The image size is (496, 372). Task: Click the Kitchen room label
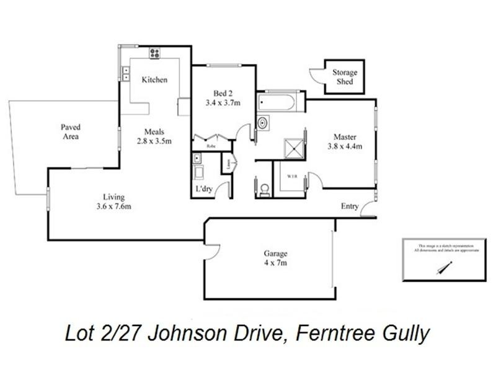click(154, 80)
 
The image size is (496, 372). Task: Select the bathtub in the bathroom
click(280, 101)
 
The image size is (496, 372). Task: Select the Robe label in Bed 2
click(211, 146)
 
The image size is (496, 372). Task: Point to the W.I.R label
click(292, 176)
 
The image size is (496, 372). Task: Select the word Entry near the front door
click(350, 206)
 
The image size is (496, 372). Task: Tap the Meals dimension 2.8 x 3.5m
click(154, 141)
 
